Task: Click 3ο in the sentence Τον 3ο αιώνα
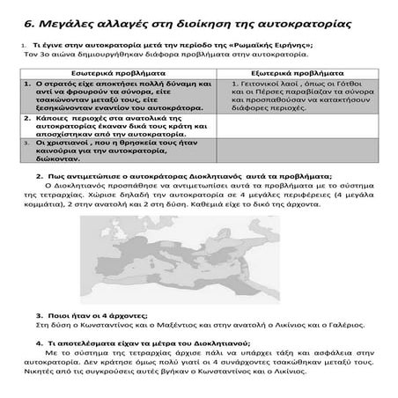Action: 41,54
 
